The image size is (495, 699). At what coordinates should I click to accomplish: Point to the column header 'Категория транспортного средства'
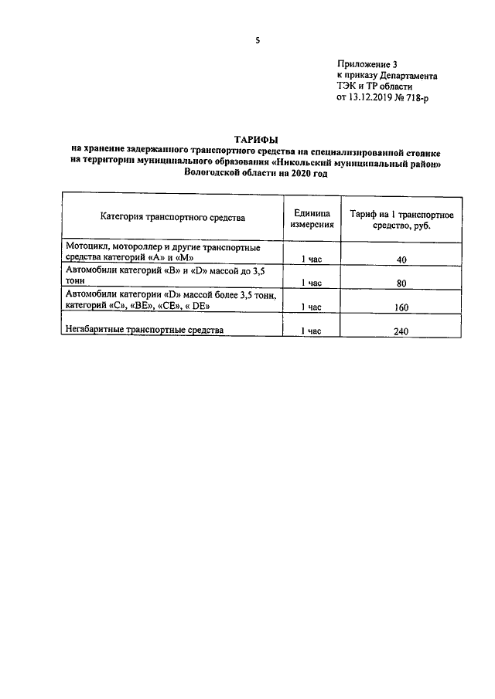(172, 218)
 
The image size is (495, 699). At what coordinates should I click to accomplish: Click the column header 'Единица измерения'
(312, 218)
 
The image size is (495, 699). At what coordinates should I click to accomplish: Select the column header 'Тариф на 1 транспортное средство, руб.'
(401, 218)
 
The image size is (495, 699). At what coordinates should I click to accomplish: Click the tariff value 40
(401, 260)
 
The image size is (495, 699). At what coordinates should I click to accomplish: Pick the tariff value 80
(401, 283)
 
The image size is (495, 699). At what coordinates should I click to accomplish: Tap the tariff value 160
(401, 307)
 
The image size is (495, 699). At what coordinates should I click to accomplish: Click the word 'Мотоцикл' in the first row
(87, 247)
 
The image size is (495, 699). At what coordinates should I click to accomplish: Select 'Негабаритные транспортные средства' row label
(145, 330)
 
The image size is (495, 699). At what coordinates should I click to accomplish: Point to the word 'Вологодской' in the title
(214, 175)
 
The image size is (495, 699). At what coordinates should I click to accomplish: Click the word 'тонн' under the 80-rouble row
(77, 283)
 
